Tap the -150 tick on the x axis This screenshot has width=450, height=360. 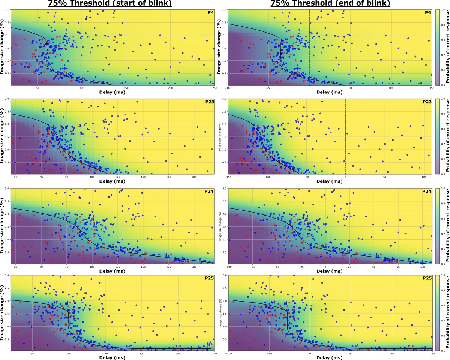coord(228,177)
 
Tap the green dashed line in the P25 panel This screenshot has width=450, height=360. coord(310,315)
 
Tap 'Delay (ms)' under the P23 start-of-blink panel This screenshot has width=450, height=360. coord(112,181)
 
